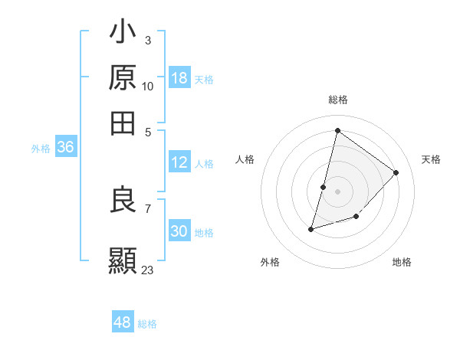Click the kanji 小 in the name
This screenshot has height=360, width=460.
click(x=123, y=34)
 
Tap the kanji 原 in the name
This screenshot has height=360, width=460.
click(x=123, y=78)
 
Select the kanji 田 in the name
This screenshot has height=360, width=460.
click(x=123, y=123)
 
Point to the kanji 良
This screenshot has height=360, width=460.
click(x=123, y=201)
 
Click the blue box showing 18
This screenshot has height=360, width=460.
click(x=179, y=78)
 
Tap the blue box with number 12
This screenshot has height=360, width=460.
click(x=179, y=162)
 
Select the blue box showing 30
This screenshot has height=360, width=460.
click(x=179, y=231)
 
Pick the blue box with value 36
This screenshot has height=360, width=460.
click(x=65, y=148)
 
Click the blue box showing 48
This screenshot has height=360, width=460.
click(x=123, y=322)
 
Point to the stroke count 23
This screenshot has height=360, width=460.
click(x=148, y=270)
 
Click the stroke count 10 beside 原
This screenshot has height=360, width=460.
click(x=148, y=86)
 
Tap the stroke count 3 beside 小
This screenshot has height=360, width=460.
click(x=147, y=39)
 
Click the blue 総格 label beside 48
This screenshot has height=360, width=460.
click(x=147, y=324)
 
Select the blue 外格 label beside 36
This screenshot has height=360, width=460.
click(x=41, y=149)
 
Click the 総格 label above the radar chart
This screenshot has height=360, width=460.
click(x=337, y=100)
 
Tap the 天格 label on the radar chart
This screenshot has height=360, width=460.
click(x=431, y=159)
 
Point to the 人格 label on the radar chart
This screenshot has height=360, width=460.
click(x=245, y=159)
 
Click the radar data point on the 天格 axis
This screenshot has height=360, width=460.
click(x=396, y=172)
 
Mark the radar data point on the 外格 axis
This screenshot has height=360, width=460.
click(x=311, y=228)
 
